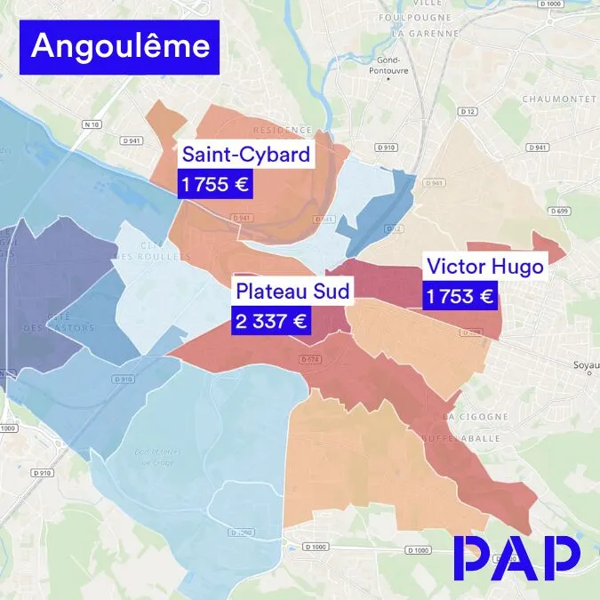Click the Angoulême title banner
pos(119,46)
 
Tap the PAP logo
pos(516,558)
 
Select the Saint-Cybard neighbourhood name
pos(246,155)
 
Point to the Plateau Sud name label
pos(293,291)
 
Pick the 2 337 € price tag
pos(271,320)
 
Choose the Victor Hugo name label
pos(484,266)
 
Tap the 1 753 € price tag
pos(459,297)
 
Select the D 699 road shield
pos(559,211)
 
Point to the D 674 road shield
pos(309,358)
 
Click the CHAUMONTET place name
pos(557,99)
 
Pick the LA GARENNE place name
pos(422,33)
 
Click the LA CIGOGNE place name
pos(476,416)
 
